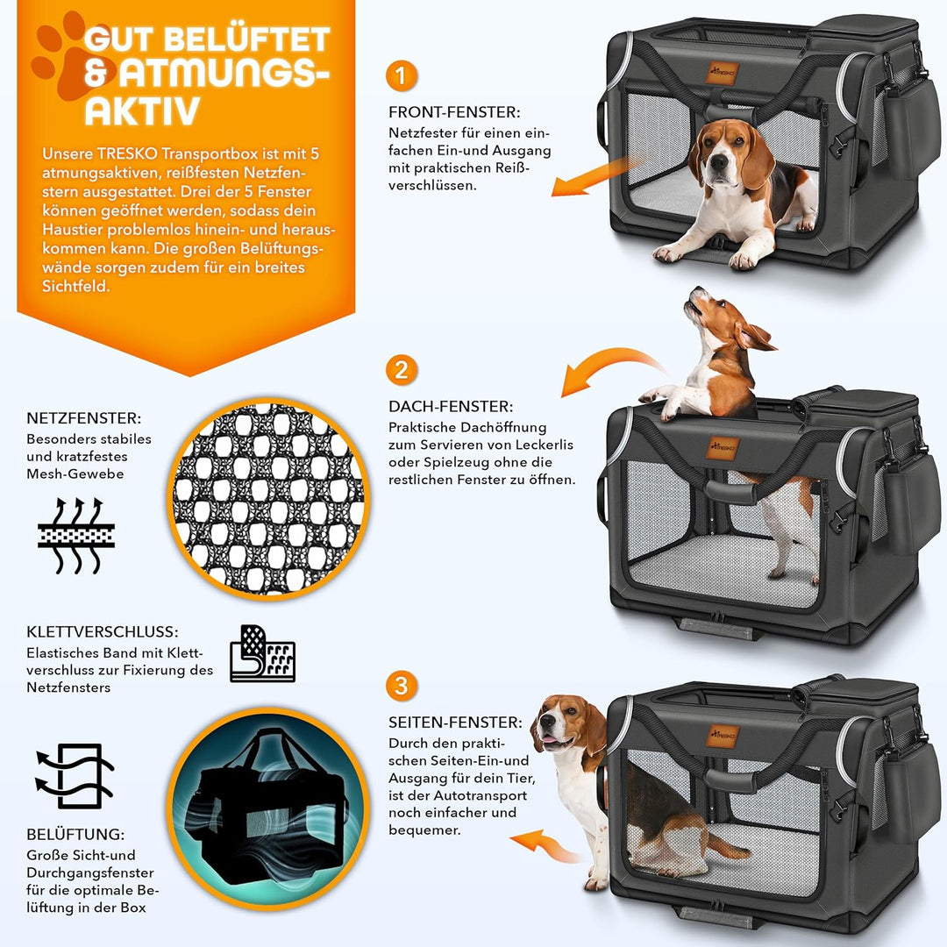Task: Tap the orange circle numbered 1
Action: tap(401, 76)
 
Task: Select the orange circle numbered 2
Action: tap(401, 370)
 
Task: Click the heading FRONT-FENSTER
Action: tap(454, 112)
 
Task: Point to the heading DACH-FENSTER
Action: tap(450, 407)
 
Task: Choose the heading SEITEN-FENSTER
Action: tap(455, 723)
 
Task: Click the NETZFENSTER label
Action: tap(83, 418)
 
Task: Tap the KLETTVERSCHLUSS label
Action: tap(102, 631)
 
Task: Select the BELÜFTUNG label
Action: tap(75, 835)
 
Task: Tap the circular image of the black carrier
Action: tap(268, 798)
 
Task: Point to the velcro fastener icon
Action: tap(262, 654)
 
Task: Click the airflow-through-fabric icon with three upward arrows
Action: tap(75, 536)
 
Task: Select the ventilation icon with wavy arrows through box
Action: tap(75, 775)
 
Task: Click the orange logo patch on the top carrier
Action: tap(721, 71)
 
